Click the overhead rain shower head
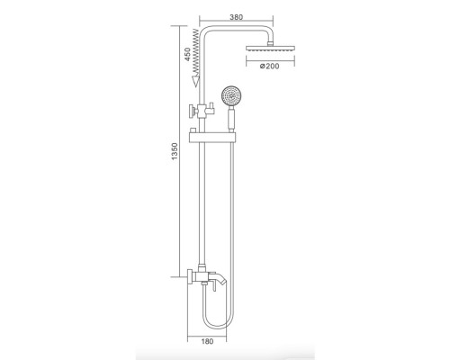click(268, 52)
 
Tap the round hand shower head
click(232, 94)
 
